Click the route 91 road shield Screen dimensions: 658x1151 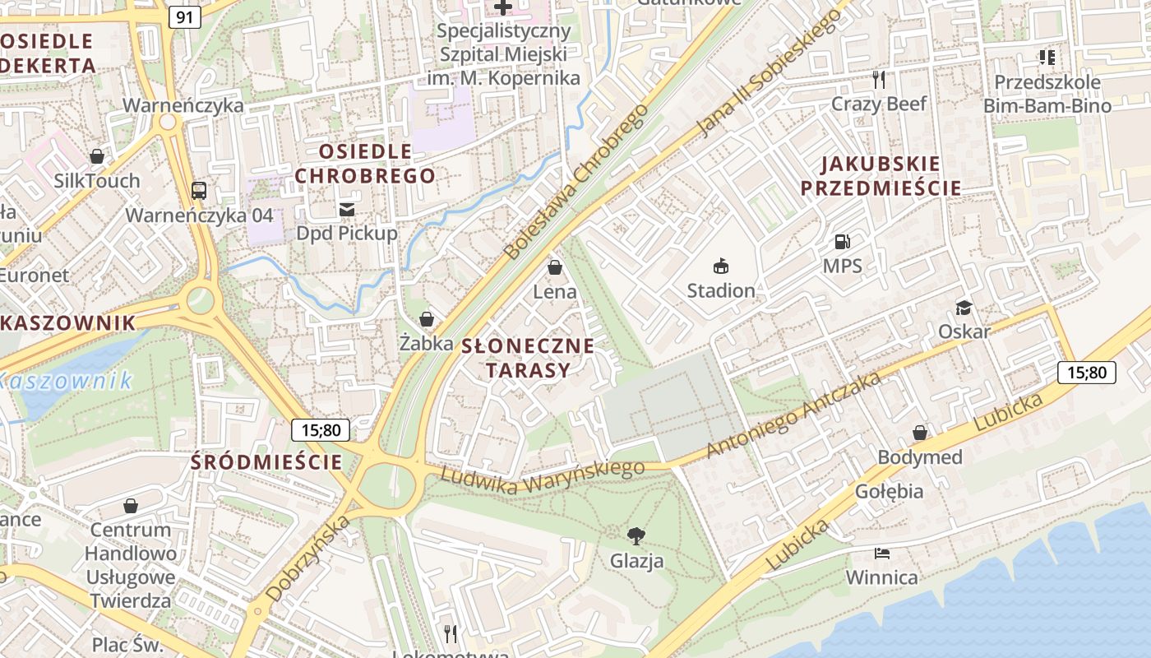pyautogui.click(x=185, y=17)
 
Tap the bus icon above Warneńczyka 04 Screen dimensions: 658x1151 pyautogui.click(x=199, y=191)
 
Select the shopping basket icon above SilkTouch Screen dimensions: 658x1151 pyautogui.click(x=97, y=156)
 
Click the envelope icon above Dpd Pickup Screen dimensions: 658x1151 pyautogui.click(x=347, y=209)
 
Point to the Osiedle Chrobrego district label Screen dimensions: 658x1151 pyautogui.click(x=365, y=164)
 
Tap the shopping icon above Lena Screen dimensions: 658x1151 pyautogui.click(x=555, y=268)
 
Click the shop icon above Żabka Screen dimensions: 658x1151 pyautogui.click(x=427, y=319)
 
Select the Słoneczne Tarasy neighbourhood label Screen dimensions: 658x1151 pyautogui.click(x=527, y=358)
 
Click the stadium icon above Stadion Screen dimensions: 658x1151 pyautogui.click(x=721, y=266)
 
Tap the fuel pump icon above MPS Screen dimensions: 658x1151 pyautogui.click(x=842, y=242)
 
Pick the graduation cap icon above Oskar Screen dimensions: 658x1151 pyautogui.click(x=964, y=308)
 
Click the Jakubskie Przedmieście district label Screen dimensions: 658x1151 pyautogui.click(x=881, y=175)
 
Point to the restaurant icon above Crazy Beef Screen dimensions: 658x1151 pyautogui.click(x=879, y=79)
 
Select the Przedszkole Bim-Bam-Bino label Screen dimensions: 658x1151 pyautogui.click(x=1047, y=94)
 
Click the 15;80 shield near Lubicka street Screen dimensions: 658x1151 pyautogui.click(x=1086, y=373)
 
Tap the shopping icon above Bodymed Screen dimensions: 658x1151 pyautogui.click(x=920, y=433)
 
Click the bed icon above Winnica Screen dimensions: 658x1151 pyautogui.click(x=882, y=554)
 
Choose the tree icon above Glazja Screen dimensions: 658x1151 pyautogui.click(x=636, y=536)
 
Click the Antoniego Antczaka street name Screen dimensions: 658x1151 pyautogui.click(x=794, y=415)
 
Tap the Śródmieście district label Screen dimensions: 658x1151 pyautogui.click(x=266, y=462)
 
